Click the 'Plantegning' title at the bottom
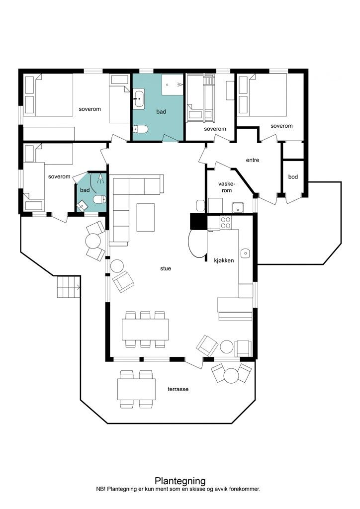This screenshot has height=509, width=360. (x=180, y=481)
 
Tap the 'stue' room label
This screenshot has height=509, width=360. (x=166, y=268)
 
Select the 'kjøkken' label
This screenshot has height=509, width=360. (x=224, y=260)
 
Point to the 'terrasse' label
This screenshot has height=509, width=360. (x=178, y=389)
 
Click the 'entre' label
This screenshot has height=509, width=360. (x=253, y=160)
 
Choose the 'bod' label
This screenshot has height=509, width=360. (x=293, y=177)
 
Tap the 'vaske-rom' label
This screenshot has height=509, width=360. (x=227, y=187)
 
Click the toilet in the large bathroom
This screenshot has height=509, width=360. (x=140, y=129)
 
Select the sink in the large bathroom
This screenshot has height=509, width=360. (x=139, y=98)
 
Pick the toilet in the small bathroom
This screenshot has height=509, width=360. (x=99, y=199)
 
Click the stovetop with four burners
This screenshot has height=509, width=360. (x=226, y=222)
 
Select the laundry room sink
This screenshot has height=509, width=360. (x=238, y=207)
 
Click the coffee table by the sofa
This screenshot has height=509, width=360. (x=145, y=217)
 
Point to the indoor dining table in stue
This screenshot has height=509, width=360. (x=145, y=329)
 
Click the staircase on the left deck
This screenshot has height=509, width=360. (x=69, y=287)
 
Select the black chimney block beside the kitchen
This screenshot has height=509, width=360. (x=198, y=221)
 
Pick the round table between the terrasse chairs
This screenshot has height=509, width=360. (x=231, y=375)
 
